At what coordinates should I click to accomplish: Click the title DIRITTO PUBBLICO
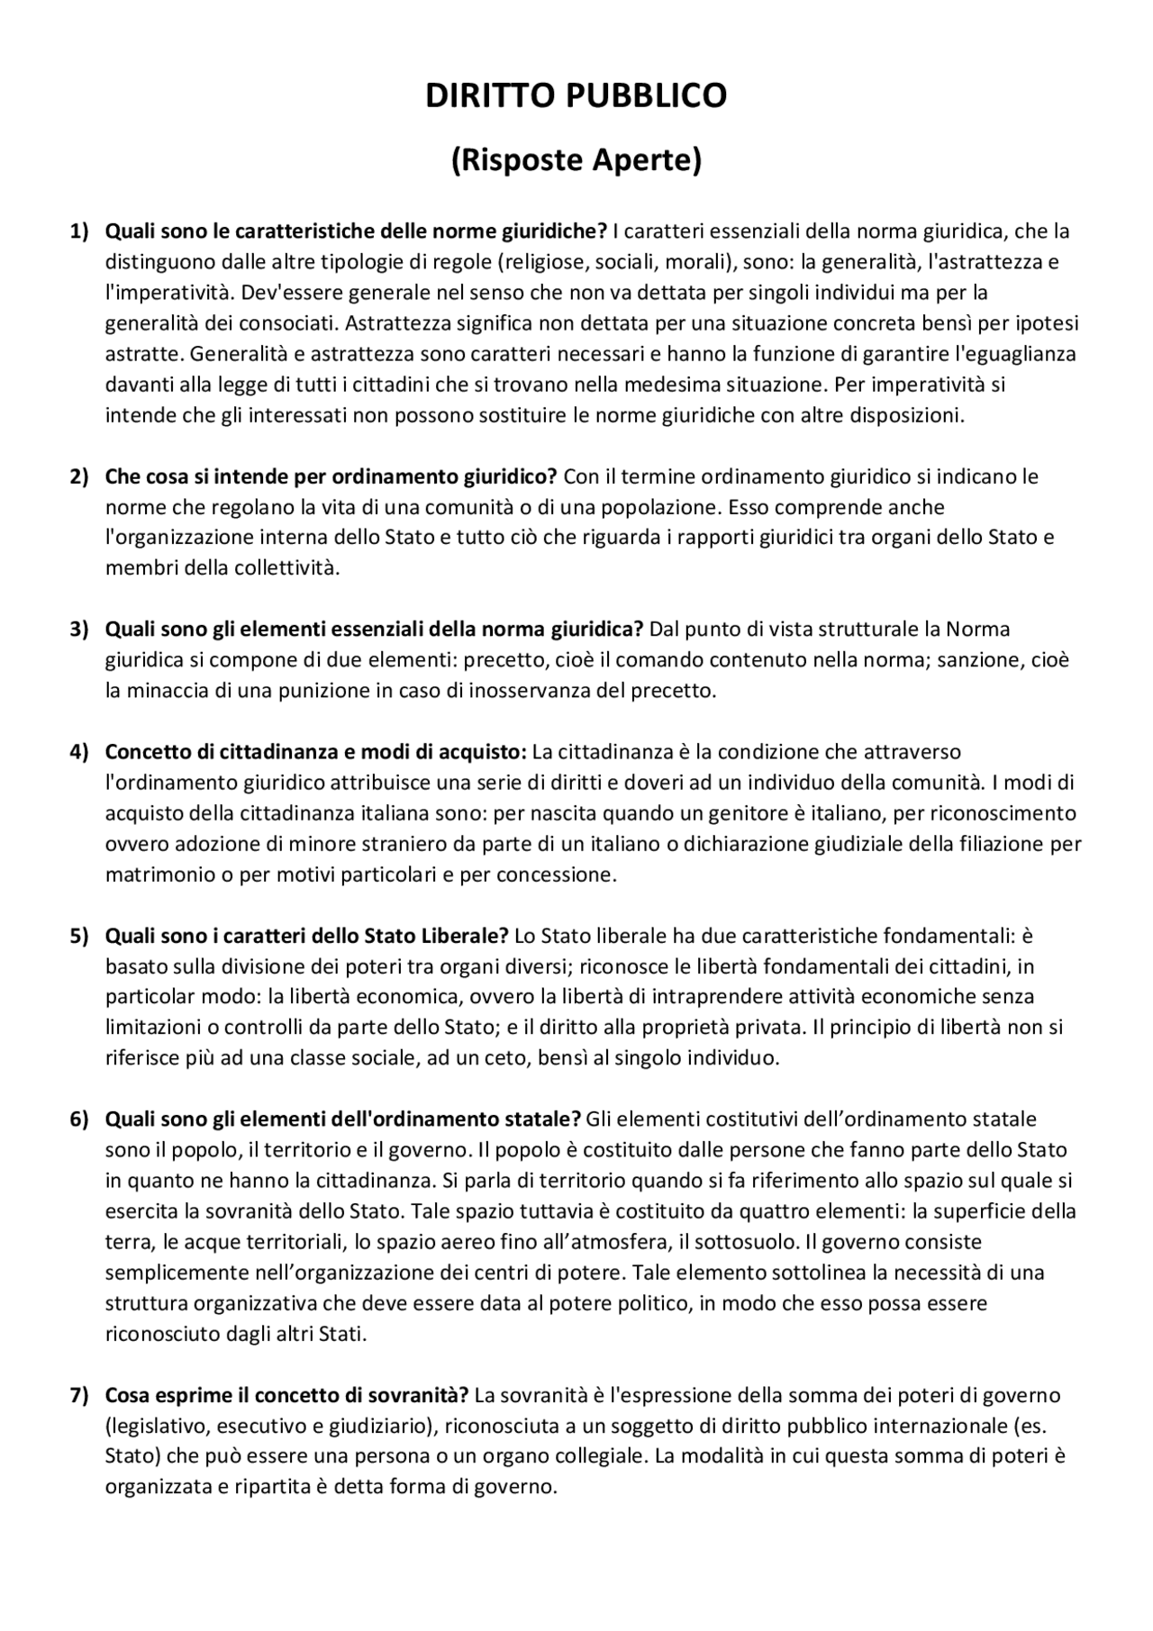tap(576, 95)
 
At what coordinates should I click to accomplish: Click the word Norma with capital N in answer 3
tap(977, 630)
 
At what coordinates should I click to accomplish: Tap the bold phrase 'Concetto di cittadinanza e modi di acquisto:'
tap(316, 752)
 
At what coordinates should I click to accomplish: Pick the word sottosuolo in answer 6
tap(752, 1242)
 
